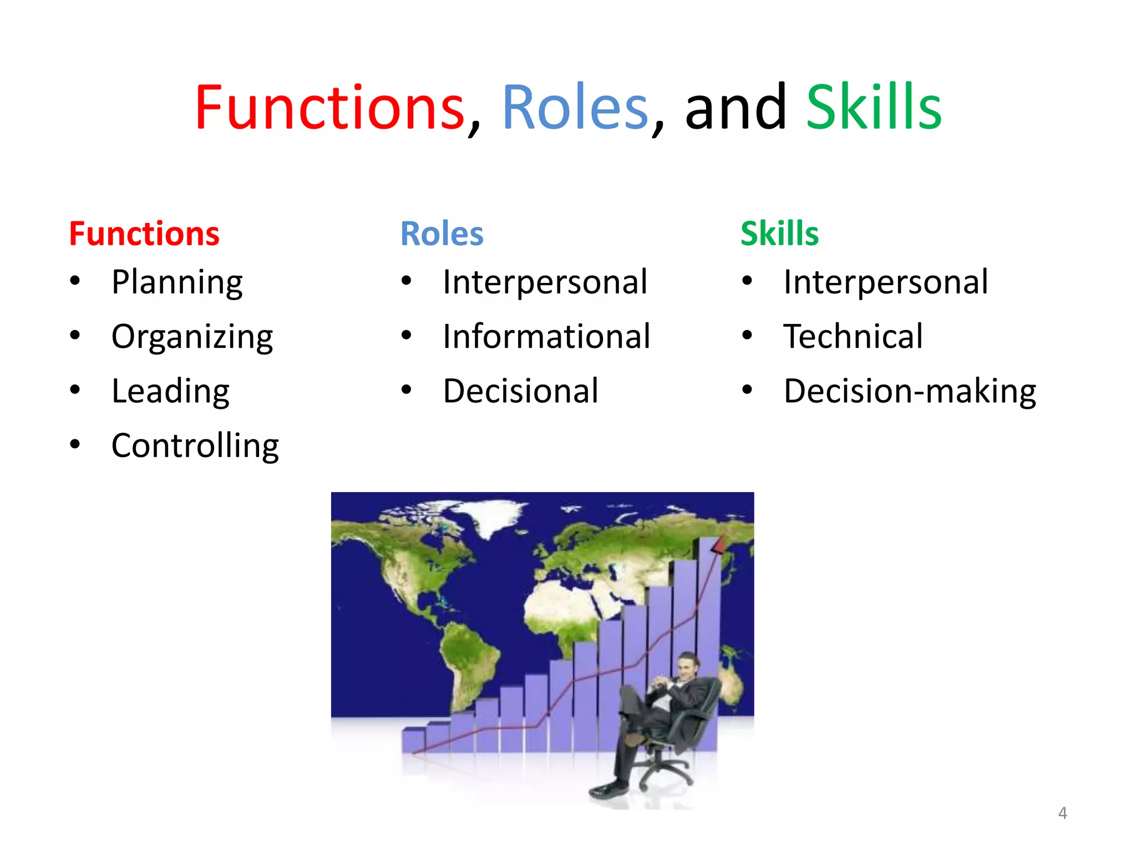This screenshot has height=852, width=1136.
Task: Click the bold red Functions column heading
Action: (144, 234)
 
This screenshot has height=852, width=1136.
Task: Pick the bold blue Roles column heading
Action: (442, 234)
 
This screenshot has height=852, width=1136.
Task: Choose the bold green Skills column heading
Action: (779, 234)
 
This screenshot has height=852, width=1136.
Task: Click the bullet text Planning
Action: (177, 282)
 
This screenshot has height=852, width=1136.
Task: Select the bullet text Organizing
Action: (192, 337)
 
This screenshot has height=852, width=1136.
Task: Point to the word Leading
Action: (170, 391)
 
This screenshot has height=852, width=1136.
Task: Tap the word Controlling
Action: (195, 445)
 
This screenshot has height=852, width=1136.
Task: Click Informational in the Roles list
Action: (546, 337)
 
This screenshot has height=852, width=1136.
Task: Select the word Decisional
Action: (521, 391)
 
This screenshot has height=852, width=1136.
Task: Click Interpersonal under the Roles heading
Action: (545, 282)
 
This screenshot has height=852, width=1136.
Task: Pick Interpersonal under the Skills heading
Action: (885, 282)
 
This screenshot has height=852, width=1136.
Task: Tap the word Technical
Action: (853, 337)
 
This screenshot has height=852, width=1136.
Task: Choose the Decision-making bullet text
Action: (910, 391)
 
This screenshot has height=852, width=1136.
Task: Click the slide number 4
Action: (1062, 813)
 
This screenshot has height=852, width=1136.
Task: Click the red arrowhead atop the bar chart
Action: (718, 545)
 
